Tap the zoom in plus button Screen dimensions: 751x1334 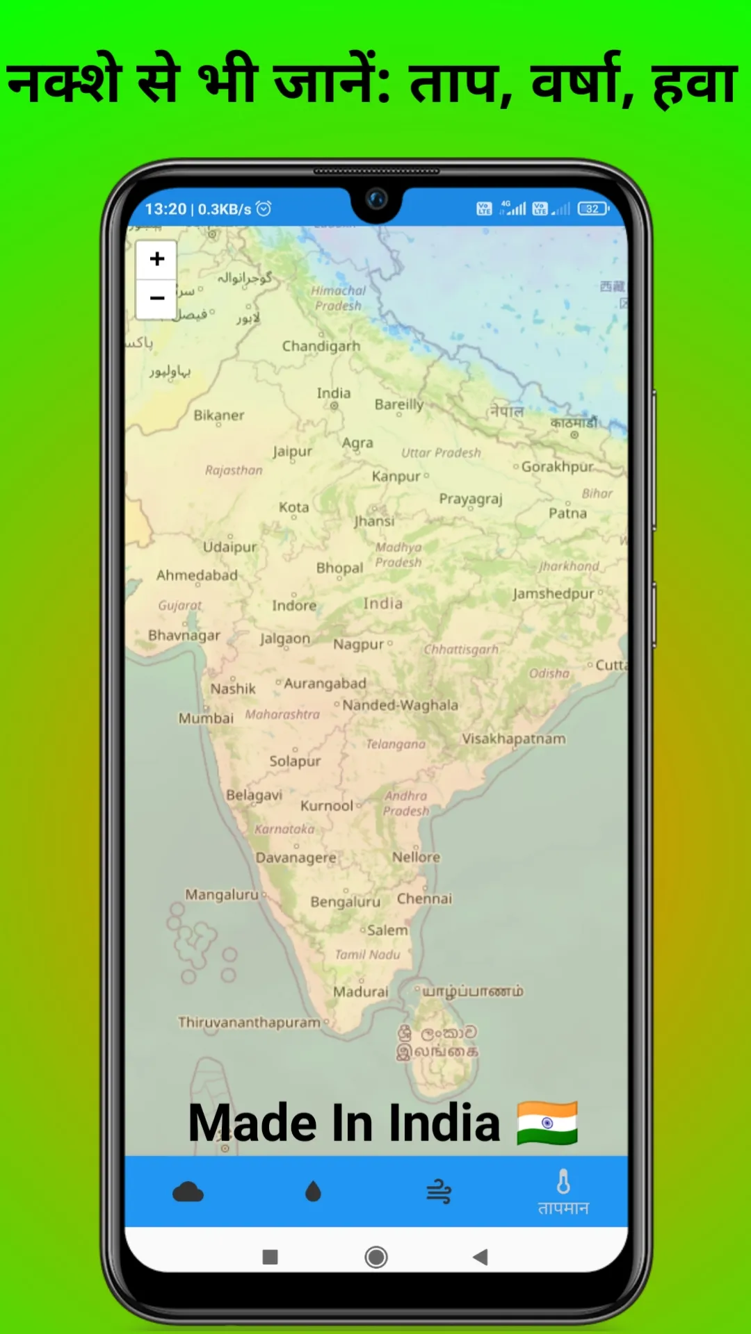[x=157, y=259]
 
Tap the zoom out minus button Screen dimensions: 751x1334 [x=157, y=299]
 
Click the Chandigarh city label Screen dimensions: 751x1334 [x=321, y=346]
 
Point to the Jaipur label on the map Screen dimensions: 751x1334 [x=292, y=452]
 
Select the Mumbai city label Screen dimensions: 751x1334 [x=206, y=718]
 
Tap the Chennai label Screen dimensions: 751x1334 [x=424, y=898]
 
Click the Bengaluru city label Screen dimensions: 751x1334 [x=345, y=902]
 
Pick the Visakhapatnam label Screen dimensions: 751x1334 [x=514, y=739]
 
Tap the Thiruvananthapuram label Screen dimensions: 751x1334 [x=249, y=1022]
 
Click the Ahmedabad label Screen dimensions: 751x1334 [x=197, y=575]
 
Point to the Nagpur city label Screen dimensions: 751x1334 [x=358, y=645]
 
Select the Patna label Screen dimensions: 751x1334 [x=567, y=513]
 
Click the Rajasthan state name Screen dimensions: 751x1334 [x=234, y=470]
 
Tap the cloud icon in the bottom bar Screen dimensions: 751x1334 [x=188, y=1192]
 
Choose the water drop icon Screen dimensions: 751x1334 [x=313, y=1192]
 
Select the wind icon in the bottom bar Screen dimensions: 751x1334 [x=439, y=1192]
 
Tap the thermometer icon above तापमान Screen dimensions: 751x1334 [x=563, y=1181]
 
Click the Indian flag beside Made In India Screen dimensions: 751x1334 [x=547, y=1123]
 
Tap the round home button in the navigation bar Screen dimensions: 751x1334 [x=376, y=1257]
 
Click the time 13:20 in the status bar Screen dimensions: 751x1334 [x=165, y=209]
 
